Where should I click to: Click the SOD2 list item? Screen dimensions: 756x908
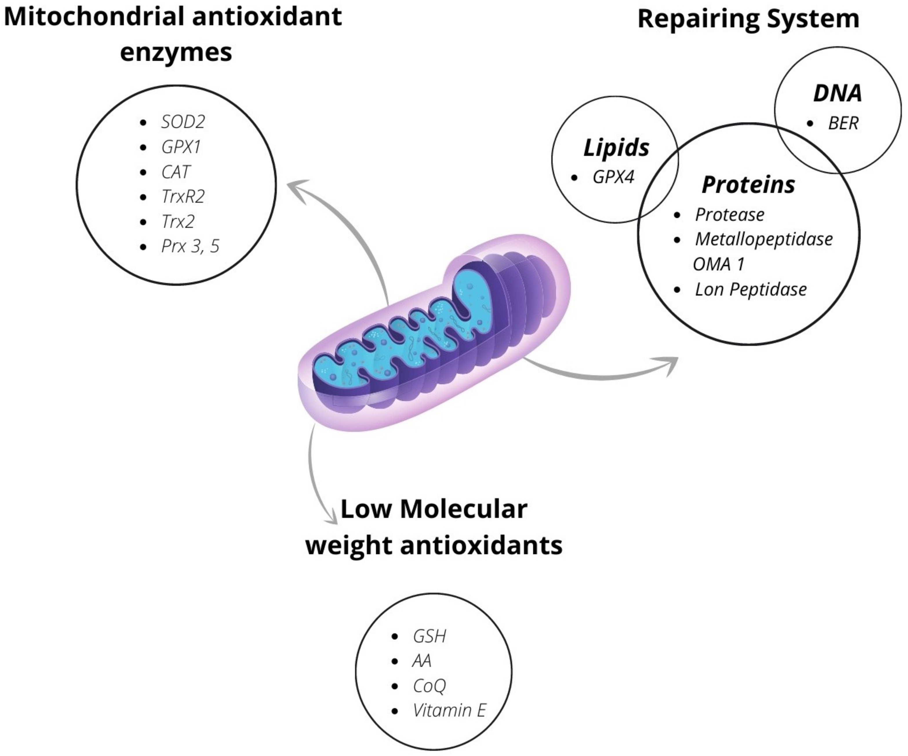coord(183,122)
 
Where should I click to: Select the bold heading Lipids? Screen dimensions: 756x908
coord(616,148)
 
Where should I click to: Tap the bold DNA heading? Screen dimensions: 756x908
coord(837,93)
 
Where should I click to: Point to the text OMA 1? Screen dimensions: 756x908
coord(719,264)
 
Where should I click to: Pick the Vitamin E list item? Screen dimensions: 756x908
coord(449,710)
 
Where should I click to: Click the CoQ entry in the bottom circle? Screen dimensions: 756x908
coord(429,686)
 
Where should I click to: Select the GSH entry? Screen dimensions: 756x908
coord(429,636)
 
